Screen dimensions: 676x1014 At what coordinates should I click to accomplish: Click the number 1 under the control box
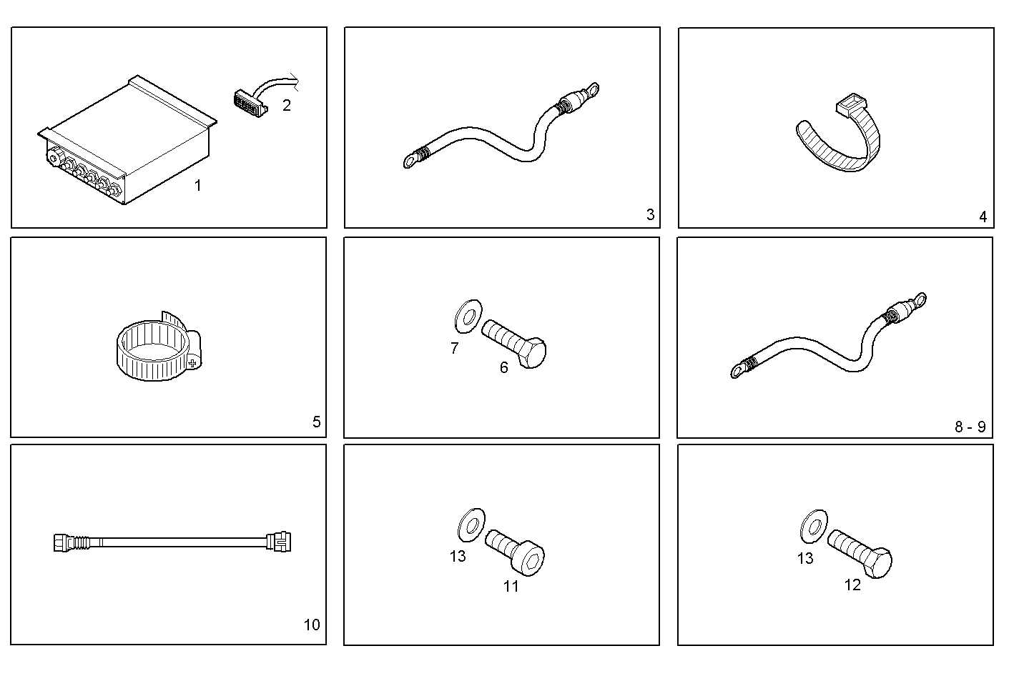coord(198,186)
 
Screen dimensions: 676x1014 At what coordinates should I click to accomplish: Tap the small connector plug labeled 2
coord(249,101)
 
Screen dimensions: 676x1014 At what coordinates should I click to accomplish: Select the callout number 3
coord(650,214)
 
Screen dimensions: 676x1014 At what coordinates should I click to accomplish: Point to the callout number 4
coord(983,217)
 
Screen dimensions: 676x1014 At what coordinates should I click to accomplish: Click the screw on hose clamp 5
coord(192,363)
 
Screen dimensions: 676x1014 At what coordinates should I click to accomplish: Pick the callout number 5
coord(316,422)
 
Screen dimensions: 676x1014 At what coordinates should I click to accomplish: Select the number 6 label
coord(504,367)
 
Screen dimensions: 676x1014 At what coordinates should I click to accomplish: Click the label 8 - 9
coord(970,427)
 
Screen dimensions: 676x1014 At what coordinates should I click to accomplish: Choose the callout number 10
coord(312,625)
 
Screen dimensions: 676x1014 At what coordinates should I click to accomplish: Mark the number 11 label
coord(511,586)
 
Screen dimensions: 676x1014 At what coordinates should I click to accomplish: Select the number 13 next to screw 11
coord(458,556)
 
